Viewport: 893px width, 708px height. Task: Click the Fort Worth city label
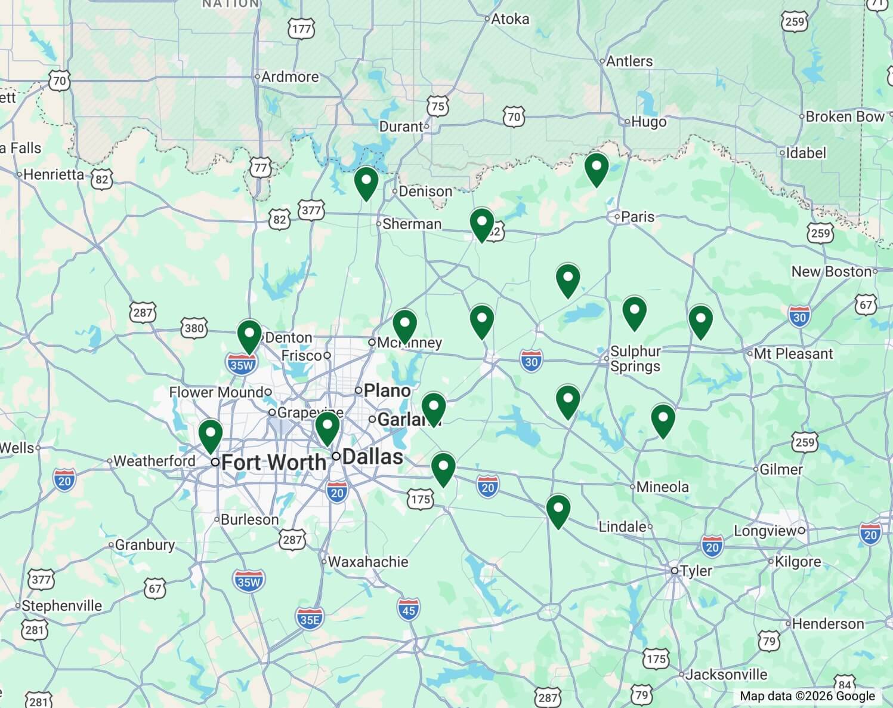pos(273,462)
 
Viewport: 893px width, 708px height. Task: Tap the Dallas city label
pos(372,457)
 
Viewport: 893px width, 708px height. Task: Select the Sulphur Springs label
pos(635,359)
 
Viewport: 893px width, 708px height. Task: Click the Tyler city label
pos(696,571)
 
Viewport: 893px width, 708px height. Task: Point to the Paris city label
pos(637,217)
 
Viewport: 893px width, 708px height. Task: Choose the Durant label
pos(401,127)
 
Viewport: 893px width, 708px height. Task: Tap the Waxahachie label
pos(367,562)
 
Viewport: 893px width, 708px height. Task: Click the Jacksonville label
pos(725,675)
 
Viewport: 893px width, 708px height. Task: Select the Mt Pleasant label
pos(793,353)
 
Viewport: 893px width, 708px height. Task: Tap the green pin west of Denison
pos(366,183)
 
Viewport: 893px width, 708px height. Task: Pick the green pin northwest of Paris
pos(597,168)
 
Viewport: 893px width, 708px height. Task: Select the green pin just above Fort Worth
pos(211,435)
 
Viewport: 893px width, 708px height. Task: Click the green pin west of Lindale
pos(558,510)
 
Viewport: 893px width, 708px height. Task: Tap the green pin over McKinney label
pos(405,325)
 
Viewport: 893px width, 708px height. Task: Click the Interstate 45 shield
pos(409,610)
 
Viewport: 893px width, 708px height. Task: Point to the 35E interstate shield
pos(310,619)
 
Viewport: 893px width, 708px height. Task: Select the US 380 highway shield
pos(194,328)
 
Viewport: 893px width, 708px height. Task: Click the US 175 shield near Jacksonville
pos(656,658)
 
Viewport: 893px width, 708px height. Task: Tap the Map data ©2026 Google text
pos(807,696)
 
